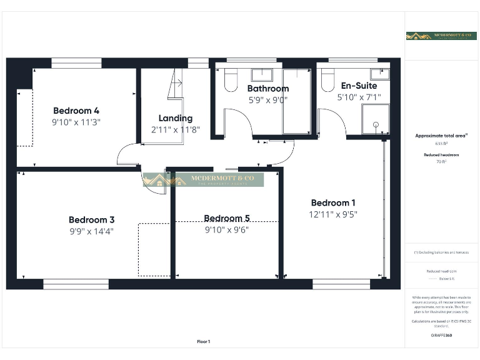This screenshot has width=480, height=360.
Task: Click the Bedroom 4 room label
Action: (76, 111)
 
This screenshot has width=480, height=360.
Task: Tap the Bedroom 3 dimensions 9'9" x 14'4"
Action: (91, 231)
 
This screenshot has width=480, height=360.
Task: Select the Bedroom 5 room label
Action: (227, 218)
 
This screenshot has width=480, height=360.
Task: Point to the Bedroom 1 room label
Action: (333, 202)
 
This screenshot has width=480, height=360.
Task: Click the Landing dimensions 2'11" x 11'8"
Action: (175, 129)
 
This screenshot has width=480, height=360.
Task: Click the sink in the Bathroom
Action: (262, 75)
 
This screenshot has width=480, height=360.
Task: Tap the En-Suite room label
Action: (359, 86)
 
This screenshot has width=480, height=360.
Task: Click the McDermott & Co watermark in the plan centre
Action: (203, 180)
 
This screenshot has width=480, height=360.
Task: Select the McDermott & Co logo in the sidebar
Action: (441, 36)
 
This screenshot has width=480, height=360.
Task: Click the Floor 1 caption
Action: (204, 341)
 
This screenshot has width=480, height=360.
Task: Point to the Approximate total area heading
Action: (441, 135)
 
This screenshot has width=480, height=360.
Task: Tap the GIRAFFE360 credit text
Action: (441, 336)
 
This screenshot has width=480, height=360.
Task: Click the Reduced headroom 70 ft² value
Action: (441, 162)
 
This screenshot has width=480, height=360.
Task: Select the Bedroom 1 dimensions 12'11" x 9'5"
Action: (333, 214)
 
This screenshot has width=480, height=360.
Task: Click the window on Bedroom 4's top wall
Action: (76, 62)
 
